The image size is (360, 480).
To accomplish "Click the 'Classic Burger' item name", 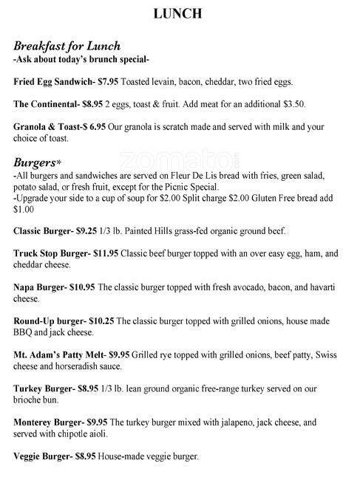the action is click(44, 231).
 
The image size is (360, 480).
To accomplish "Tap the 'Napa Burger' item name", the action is click(39, 289).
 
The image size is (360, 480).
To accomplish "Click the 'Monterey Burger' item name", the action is click(47, 424).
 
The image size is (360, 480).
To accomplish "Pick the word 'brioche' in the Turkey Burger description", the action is click(28, 400).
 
